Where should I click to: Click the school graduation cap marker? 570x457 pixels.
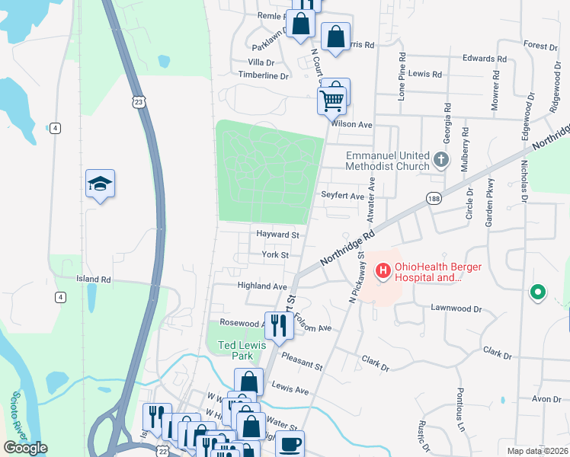click(x=100, y=184)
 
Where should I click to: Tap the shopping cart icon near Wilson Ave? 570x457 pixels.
click(x=331, y=98)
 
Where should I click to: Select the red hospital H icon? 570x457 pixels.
click(x=383, y=270)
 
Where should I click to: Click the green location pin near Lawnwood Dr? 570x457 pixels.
click(x=538, y=291)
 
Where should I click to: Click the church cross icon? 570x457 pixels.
click(x=441, y=161)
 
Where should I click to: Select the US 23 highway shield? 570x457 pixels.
click(x=138, y=102)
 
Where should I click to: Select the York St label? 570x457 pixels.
click(x=275, y=255)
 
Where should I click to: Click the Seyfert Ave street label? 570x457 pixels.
click(x=342, y=196)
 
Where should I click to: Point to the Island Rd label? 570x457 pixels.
click(x=94, y=280)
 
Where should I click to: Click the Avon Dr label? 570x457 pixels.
click(x=546, y=399)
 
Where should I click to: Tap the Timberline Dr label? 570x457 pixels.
click(x=264, y=76)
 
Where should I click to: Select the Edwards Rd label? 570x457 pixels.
click(x=485, y=58)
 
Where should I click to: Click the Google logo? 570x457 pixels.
click(x=25, y=448)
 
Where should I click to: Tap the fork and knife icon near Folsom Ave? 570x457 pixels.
click(x=278, y=325)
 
